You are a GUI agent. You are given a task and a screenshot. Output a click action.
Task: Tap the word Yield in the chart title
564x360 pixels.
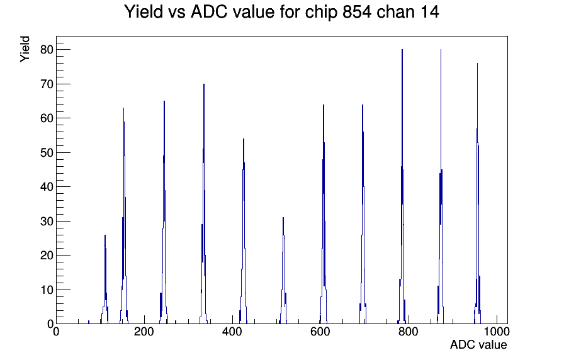143,12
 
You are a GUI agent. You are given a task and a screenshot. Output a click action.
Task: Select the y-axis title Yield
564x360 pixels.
25,49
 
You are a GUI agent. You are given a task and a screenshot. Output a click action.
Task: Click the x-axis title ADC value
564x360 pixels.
478,344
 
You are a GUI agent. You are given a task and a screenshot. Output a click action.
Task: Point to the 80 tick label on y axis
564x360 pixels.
47,50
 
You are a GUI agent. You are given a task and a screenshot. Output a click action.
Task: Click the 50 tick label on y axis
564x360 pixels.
47,152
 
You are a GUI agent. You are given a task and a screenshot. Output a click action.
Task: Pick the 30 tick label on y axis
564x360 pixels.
47,221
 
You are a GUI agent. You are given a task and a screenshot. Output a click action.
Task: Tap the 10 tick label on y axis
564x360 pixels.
47,290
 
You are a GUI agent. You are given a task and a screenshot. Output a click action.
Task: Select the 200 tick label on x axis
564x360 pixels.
144,331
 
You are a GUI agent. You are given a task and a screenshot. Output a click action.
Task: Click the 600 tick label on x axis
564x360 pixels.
320,331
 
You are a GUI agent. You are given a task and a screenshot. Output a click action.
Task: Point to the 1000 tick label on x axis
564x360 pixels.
497,331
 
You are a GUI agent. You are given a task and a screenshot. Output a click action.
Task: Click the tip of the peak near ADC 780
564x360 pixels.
402,50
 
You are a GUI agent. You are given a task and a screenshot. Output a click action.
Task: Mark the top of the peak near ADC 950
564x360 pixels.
477,64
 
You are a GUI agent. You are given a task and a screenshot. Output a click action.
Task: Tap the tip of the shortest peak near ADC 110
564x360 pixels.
105,235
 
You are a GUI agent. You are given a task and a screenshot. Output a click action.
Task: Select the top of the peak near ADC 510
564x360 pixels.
283,218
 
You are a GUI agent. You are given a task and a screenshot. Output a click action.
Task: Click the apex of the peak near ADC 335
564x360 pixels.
204,84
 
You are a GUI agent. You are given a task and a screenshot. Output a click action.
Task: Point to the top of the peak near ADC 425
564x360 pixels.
244,139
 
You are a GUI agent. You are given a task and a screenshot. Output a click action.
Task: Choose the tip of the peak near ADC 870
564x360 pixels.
441,50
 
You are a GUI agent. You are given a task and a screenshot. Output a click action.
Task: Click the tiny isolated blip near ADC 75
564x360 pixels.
89,322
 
